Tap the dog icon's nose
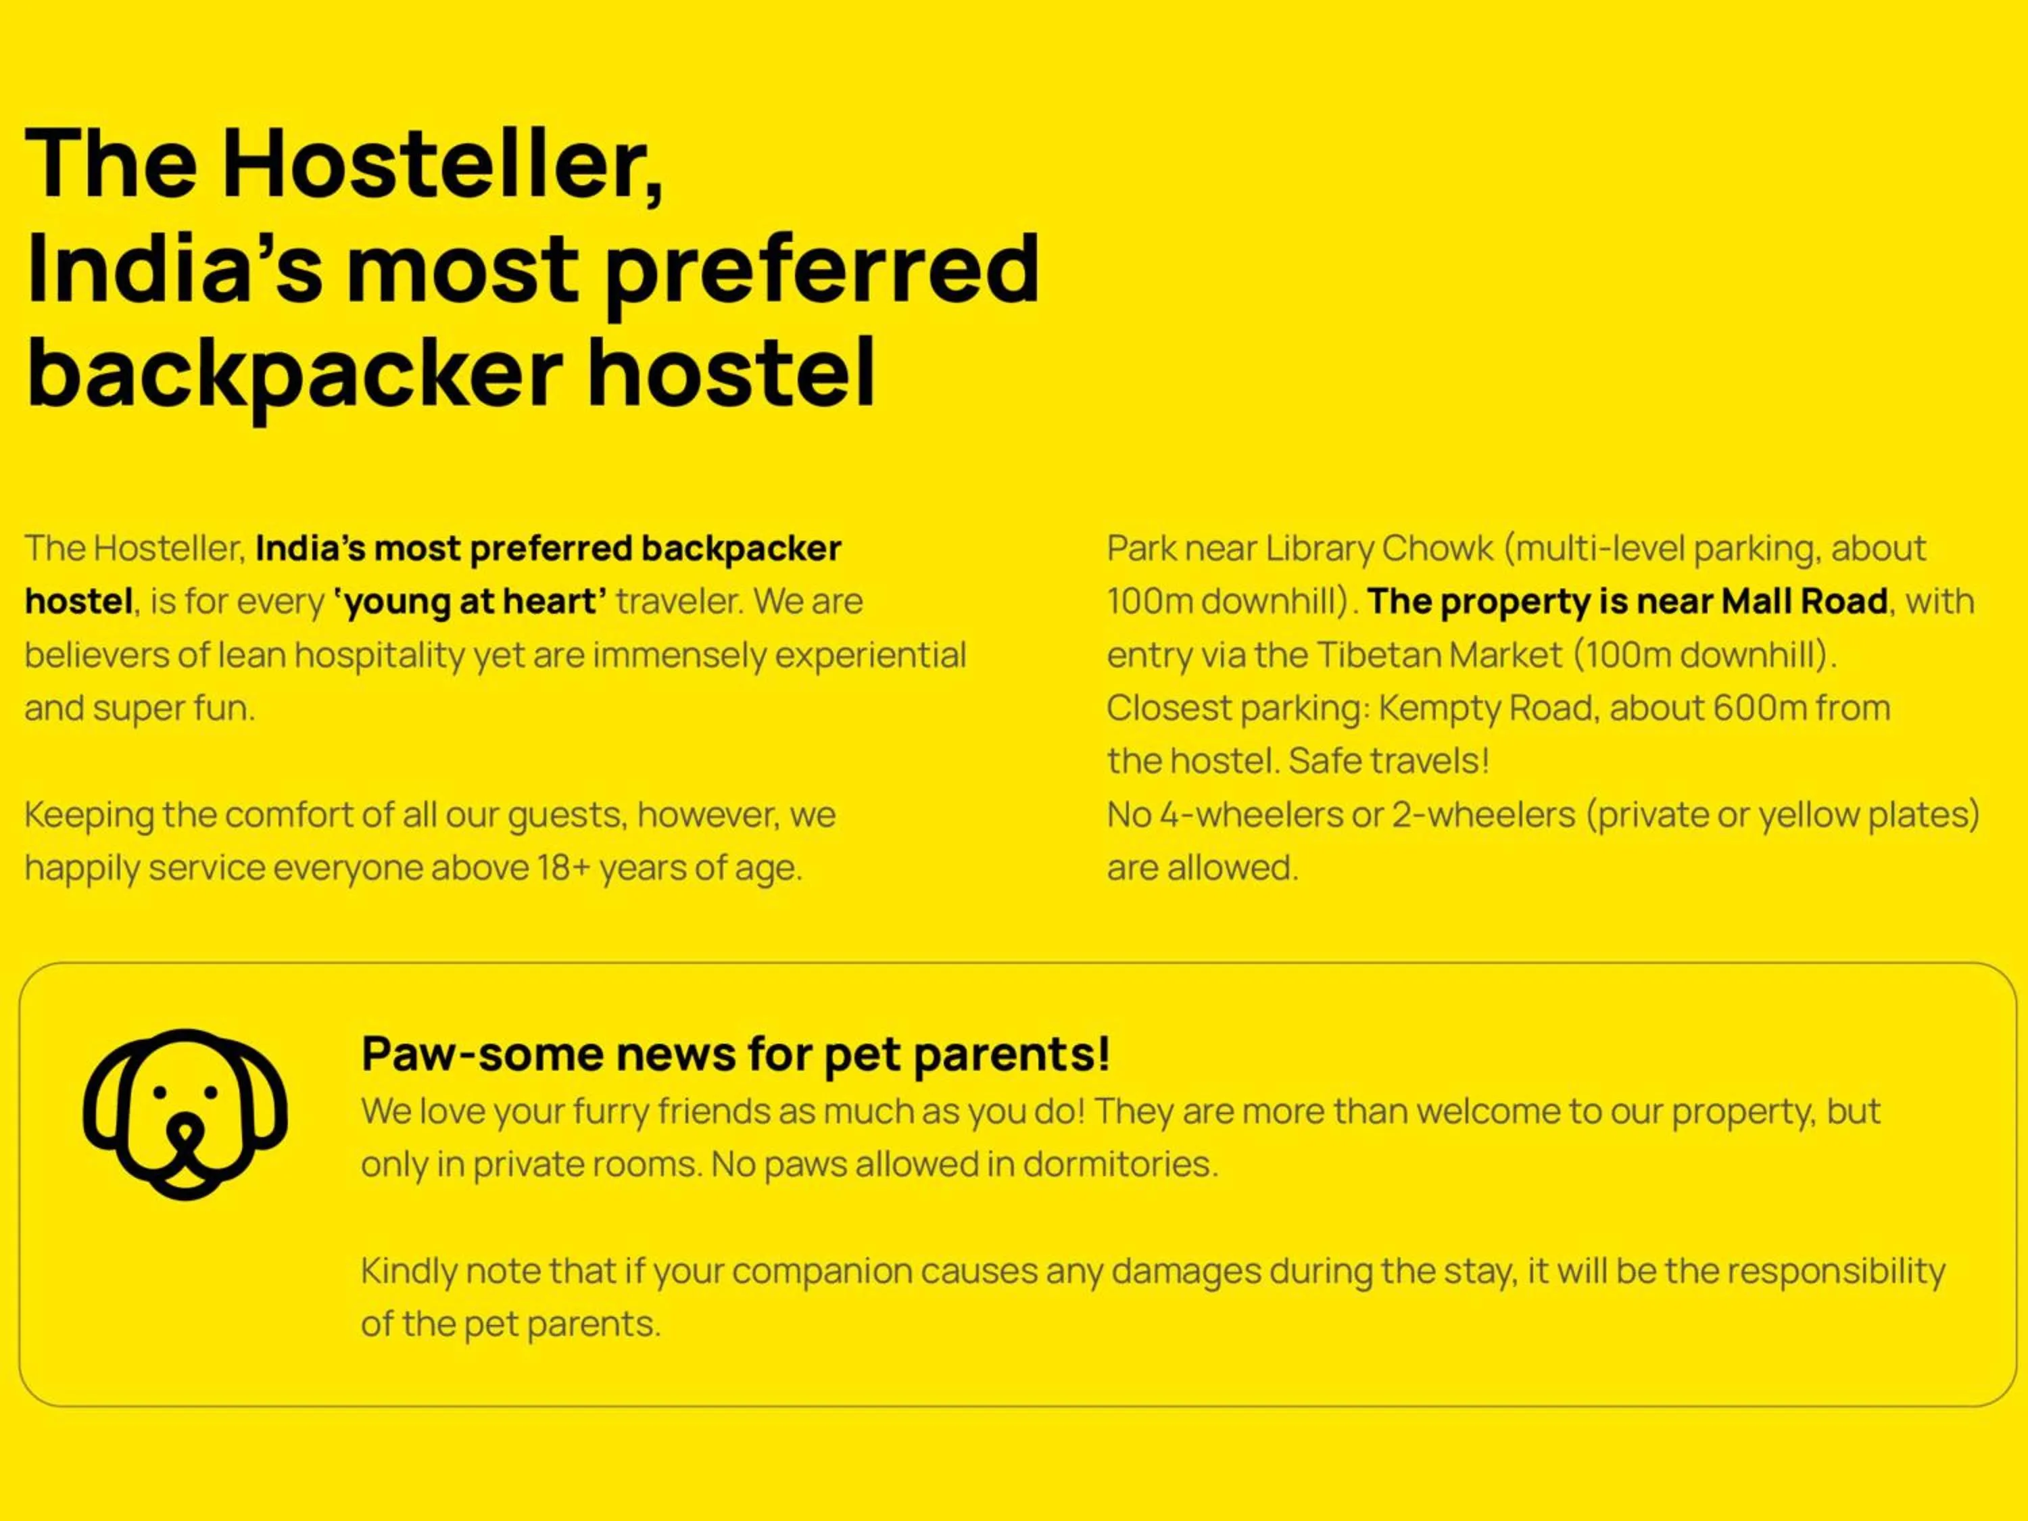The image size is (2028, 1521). coord(185,1133)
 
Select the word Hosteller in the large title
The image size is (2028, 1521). coord(443,164)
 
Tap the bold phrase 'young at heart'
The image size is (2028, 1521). coord(470,602)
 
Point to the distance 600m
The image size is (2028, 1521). coord(1760,708)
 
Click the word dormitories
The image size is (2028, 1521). coord(1120,1164)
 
